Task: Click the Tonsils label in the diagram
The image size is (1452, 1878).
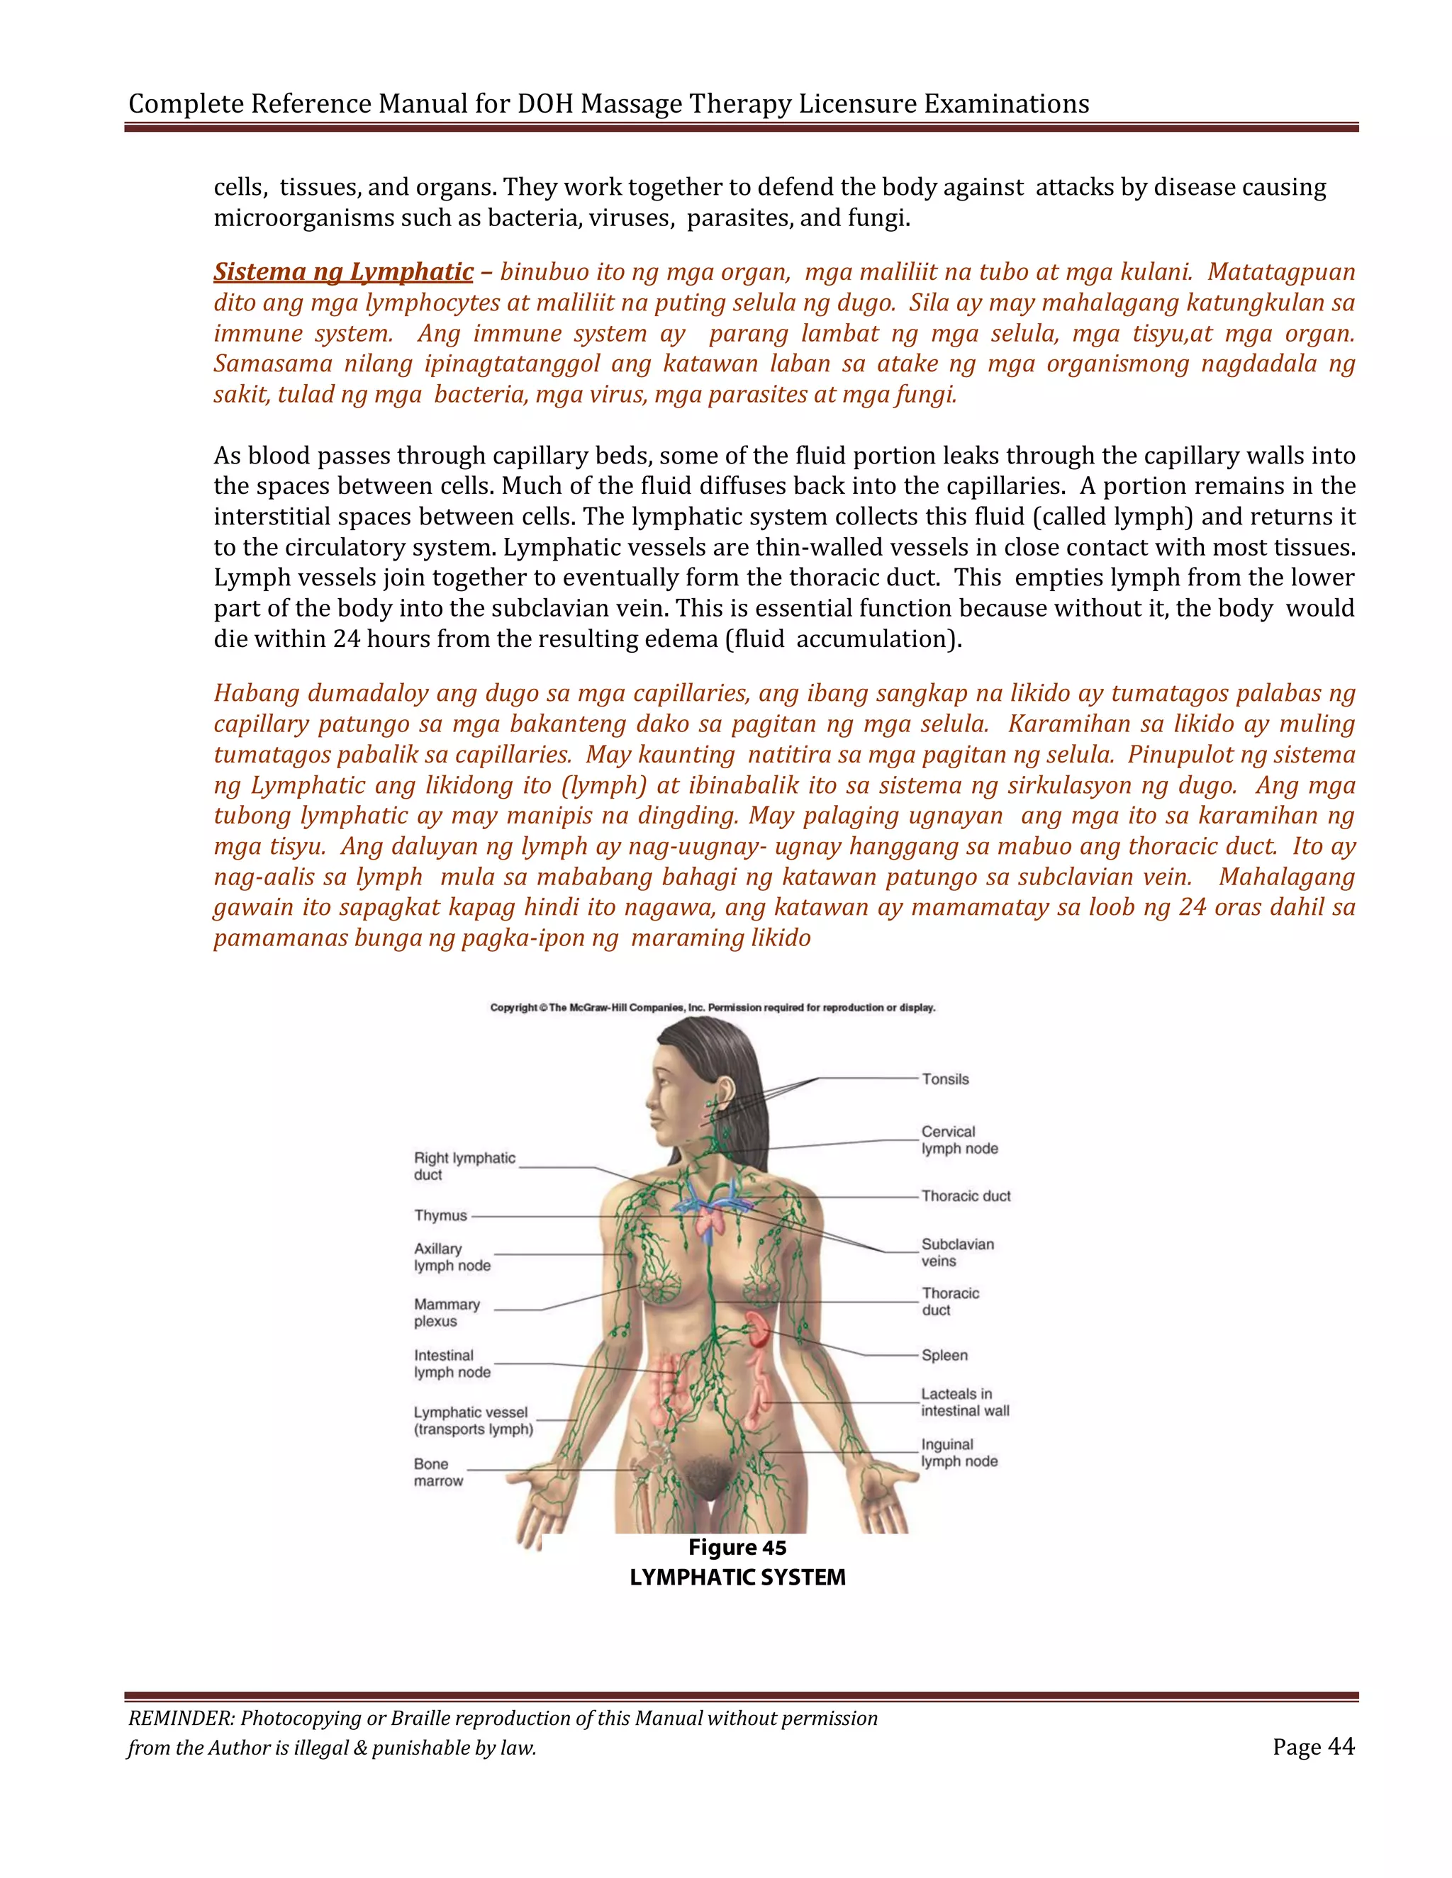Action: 944,1079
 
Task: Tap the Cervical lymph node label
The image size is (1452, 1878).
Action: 959,1140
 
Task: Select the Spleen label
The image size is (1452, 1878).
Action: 944,1355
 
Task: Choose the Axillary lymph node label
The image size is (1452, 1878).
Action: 452,1257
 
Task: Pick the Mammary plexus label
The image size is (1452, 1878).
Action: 447,1313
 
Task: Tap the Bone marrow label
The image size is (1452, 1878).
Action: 438,1472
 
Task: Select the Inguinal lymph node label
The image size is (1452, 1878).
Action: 959,1454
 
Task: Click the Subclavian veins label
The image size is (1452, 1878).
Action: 956,1253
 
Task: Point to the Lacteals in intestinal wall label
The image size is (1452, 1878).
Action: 964,1402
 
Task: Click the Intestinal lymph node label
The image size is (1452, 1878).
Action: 452,1363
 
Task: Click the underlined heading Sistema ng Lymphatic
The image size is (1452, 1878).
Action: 343,271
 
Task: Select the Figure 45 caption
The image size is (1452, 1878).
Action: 737,1548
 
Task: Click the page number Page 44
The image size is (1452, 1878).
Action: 1312,1748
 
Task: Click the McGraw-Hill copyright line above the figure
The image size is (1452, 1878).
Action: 713,1008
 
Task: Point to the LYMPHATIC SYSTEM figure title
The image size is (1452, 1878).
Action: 737,1578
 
